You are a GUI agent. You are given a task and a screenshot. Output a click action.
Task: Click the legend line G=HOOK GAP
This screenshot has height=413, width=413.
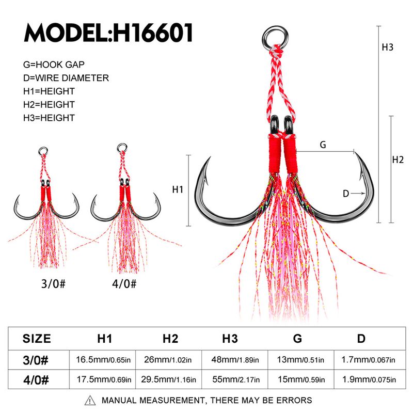(x=54, y=65)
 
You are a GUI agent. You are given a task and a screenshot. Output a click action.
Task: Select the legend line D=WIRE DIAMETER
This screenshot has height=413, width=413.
(x=66, y=78)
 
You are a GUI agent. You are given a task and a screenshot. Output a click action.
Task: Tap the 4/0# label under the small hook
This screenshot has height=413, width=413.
(x=123, y=283)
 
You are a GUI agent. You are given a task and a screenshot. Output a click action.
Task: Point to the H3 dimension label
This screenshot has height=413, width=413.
(x=388, y=47)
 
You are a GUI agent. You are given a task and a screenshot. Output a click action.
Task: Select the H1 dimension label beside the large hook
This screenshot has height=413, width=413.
(x=178, y=189)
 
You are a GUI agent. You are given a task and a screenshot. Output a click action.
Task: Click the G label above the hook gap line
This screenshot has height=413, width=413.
(x=323, y=145)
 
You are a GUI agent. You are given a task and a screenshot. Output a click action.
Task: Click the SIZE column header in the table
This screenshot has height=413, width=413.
(x=37, y=339)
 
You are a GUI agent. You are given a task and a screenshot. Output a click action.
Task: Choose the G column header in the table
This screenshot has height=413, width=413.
(x=297, y=339)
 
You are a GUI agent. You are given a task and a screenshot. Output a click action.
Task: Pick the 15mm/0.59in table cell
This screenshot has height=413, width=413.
(x=297, y=380)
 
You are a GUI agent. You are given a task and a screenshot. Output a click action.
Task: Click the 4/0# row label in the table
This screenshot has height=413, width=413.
(x=37, y=380)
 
